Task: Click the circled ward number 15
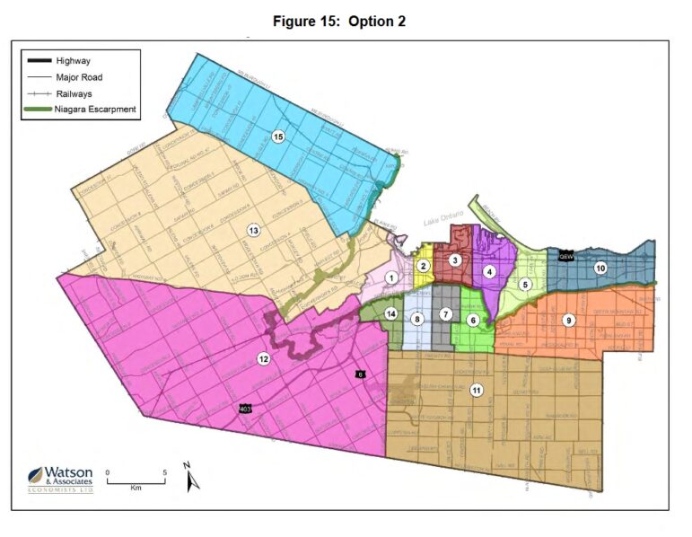click(278, 136)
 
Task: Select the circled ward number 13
click(254, 230)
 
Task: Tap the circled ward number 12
click(263, 359)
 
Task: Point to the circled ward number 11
click(476, 389)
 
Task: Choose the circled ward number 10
click(600, 268)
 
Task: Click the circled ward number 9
click(567, 320)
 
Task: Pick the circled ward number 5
click(525, 285)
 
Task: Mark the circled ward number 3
click(455, 260)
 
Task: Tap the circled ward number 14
click(390, 313)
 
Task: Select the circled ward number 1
click(391, 278)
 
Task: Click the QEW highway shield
click(565, 256)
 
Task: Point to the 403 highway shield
click(245, 409)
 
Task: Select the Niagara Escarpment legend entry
click(95, 110)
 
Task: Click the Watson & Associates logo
click(62, 481)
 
